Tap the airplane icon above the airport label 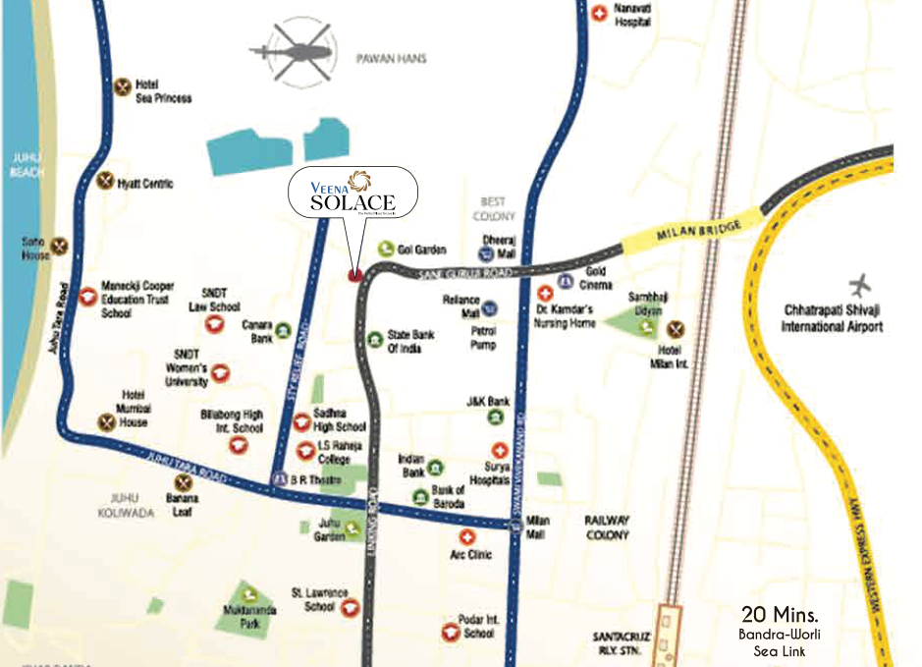point(861,287)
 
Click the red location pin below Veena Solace point(355,274)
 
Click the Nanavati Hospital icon point(599,13)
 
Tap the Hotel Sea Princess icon point(123,86)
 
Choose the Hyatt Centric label point(144,184)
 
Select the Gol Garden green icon point(387,250)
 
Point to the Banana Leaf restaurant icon point(182,482)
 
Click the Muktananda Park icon point(250,594)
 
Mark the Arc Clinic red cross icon point(467,537)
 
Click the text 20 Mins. point(779,616)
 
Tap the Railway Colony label point(607,527)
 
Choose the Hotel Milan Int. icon point(675,329)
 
